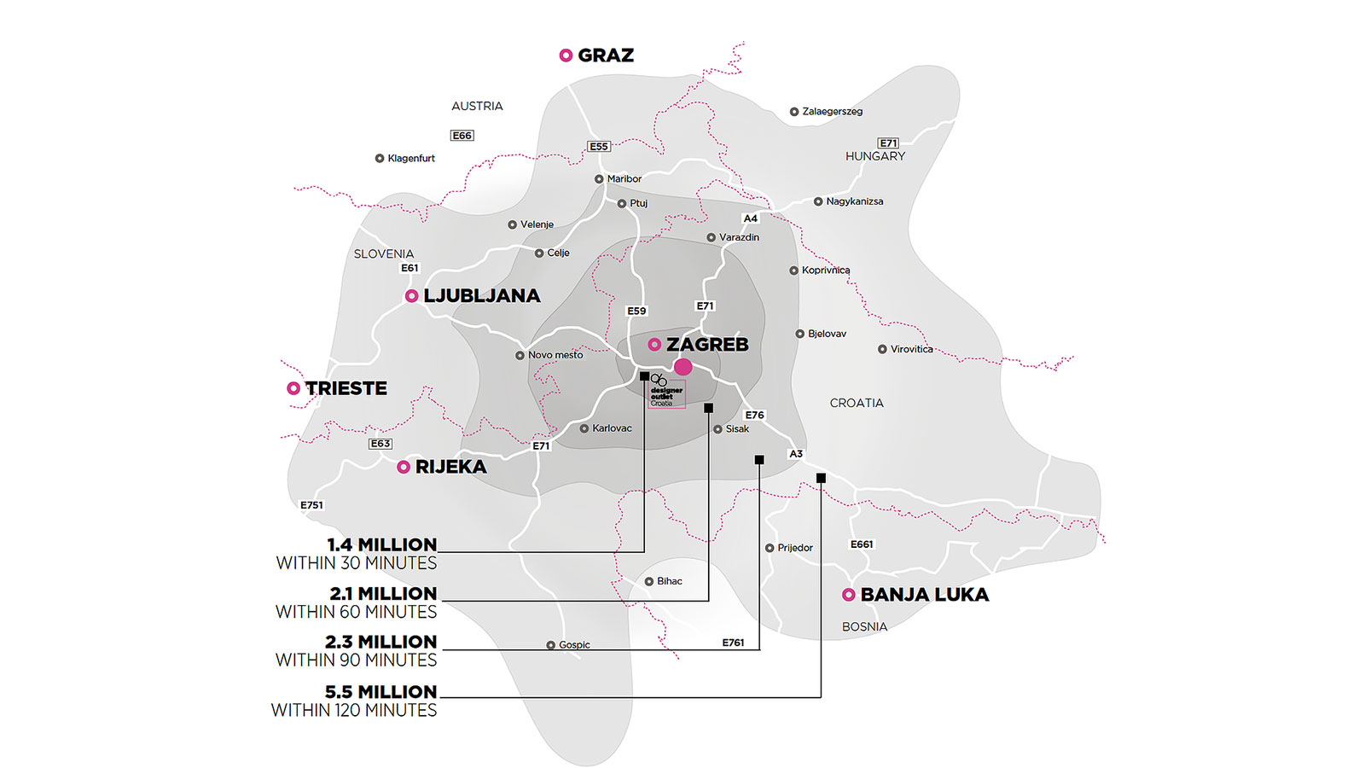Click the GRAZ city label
click(605, 55)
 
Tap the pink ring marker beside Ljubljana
click(411, 296)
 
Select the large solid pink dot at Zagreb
click(683, 367)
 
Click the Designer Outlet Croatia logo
click(665, 391)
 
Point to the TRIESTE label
click(346, 388)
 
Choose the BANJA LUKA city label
click(924, 595)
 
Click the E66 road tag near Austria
click(462, 136)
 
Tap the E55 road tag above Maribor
click(599, 147)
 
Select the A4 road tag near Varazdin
click(750, 218)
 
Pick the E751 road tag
click(311, 505)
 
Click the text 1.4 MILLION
click(381, 544)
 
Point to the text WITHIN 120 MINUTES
click(354, 710)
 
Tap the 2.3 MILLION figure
click(380, 642)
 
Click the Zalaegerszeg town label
click(832, 112)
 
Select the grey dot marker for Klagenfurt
click(380, 159)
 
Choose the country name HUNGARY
click(875, 156)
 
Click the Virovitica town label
click(911, 349)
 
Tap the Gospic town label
click(574, 645)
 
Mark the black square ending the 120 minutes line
click(821, 478)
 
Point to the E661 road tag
click(862, 544)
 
